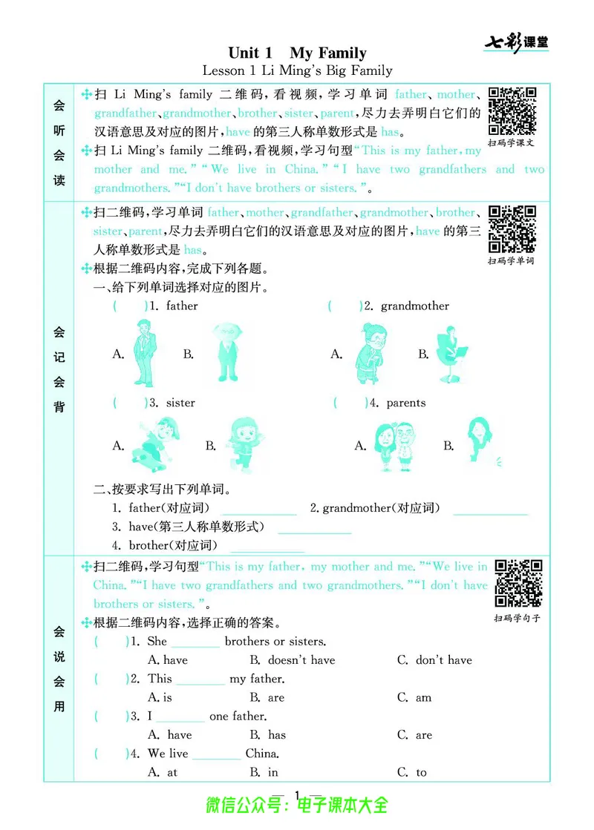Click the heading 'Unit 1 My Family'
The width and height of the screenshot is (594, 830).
(297, 53)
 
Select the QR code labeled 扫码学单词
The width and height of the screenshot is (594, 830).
(512, 229)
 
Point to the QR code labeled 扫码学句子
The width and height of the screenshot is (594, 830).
(518, 583)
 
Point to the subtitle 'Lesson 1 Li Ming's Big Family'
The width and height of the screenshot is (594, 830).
(297, 71)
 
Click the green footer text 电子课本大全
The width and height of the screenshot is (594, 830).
(342, 805)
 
